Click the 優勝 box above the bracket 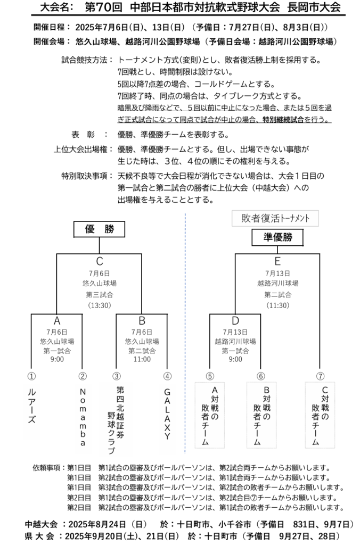[99, 229]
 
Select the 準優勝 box [277, 238]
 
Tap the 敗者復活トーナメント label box [275, 218]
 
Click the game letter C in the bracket [100, 261]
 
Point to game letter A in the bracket [57, 320]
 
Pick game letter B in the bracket [142, 320]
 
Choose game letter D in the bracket [235, 320]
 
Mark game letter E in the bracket [277, 261]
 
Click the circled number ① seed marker [31, 376]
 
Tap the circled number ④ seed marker [167, 376]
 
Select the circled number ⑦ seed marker [320, 376]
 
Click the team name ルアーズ [31, 406]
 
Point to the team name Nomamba [83, 417]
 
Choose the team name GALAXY [167, 414]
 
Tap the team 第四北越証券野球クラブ [116, 420]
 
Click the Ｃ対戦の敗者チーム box [320, 415]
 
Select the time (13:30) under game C [100, 305]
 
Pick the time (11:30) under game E [277, 305]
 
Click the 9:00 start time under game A [57, 359]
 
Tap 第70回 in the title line [103, 7]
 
